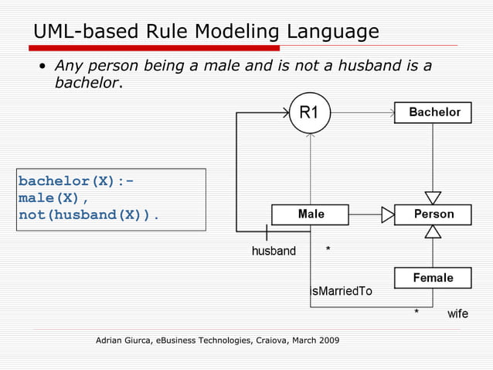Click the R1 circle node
point(309,112)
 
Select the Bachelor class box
point(433,112)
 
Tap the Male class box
point(310,214)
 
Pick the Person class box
point(433,214)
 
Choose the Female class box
point(433,277)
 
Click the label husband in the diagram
point(274,251)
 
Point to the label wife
point(457,314)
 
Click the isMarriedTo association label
point(342,292)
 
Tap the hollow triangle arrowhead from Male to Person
point(388,214)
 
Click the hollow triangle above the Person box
point(433,197)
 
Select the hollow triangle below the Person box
point(433,231)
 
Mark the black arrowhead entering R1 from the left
point(284,113)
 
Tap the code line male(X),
point(54,197)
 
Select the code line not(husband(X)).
point(89,214)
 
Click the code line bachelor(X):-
point(76,181)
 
